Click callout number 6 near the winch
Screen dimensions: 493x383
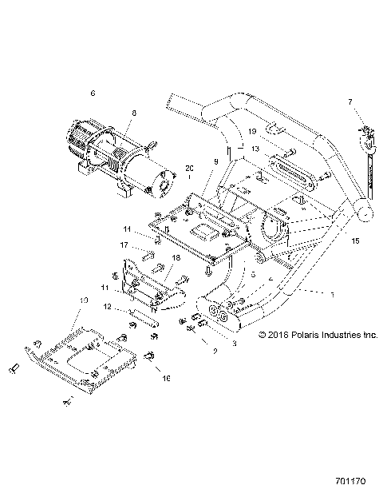pyautogui.click(x=93, y=93)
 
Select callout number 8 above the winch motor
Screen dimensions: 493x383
pyautogui.click(x=133, y=113)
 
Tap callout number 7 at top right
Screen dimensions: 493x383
pyautogui.click(x=349, y=101)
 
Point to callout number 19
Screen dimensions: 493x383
pyautogui.click(x=250, y=131)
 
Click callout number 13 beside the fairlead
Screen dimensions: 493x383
pyautogui.click(x=254, y=149)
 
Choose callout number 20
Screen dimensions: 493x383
pyautogui.click(x=189, y=168)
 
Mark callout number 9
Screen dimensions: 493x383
pyautogui.click(x=215, y=162)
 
